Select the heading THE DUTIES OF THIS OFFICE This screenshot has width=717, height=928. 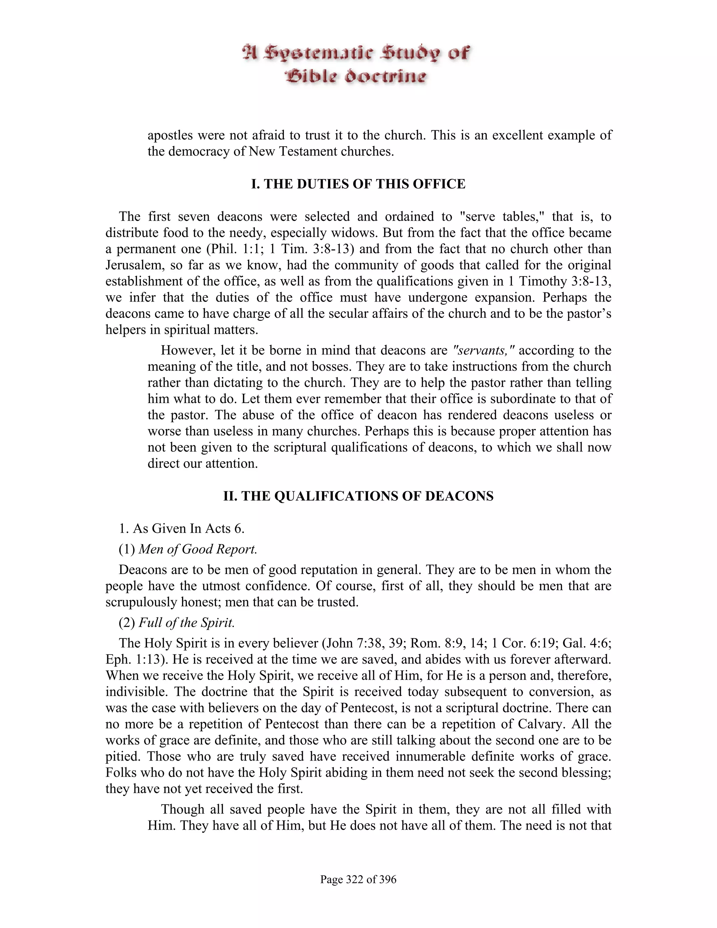coord(358,184)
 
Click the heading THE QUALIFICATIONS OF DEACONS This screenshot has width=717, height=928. coord(358,496)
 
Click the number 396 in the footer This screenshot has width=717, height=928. coord(386,879)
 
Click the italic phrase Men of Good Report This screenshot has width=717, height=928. coord(198,549)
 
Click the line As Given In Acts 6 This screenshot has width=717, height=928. coord(181,528)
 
